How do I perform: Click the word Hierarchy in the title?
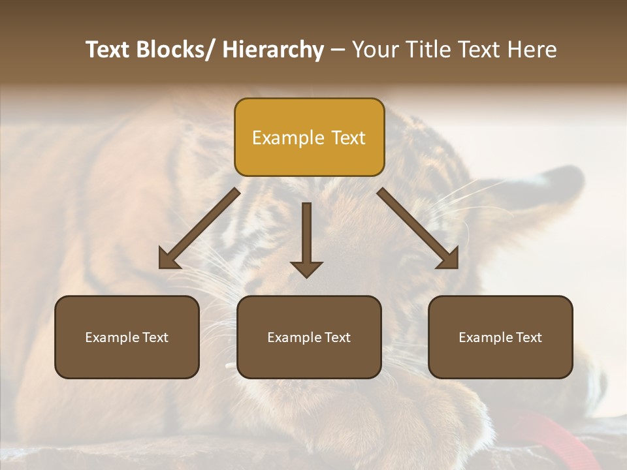tap(273, 50)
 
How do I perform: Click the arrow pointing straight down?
tap(306, 235)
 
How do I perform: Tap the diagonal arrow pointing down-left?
tap(199, 228)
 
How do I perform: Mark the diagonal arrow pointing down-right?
tap(418, 228)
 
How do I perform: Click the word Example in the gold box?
tap(280, 138)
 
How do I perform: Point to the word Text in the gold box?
tap(347, 138)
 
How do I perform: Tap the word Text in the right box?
tap(528, 337)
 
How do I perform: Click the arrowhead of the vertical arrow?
tap(306, 268)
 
